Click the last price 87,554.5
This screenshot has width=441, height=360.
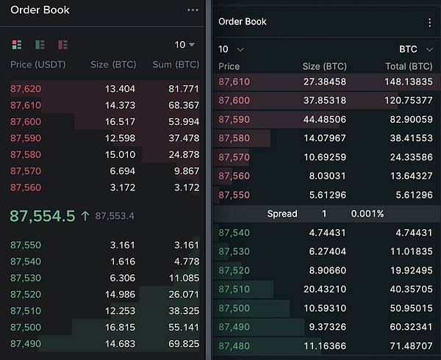(43, 216)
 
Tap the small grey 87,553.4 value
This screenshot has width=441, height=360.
(115, 216)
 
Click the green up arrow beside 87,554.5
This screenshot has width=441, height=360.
(85, 216)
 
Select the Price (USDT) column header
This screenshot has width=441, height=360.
(38, 65)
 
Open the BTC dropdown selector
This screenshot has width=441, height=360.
(414, 49)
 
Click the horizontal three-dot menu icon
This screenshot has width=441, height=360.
(193, 10)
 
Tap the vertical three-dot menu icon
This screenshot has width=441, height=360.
(429, 23)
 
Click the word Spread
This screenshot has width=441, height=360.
(282, 214)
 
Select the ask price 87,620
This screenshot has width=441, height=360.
(26, 89)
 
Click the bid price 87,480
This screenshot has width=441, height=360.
(234, 345)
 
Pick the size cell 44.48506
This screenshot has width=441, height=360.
(325, 119)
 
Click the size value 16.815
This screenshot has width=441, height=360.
(121, 327)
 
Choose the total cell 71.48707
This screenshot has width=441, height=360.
(409, 345)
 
